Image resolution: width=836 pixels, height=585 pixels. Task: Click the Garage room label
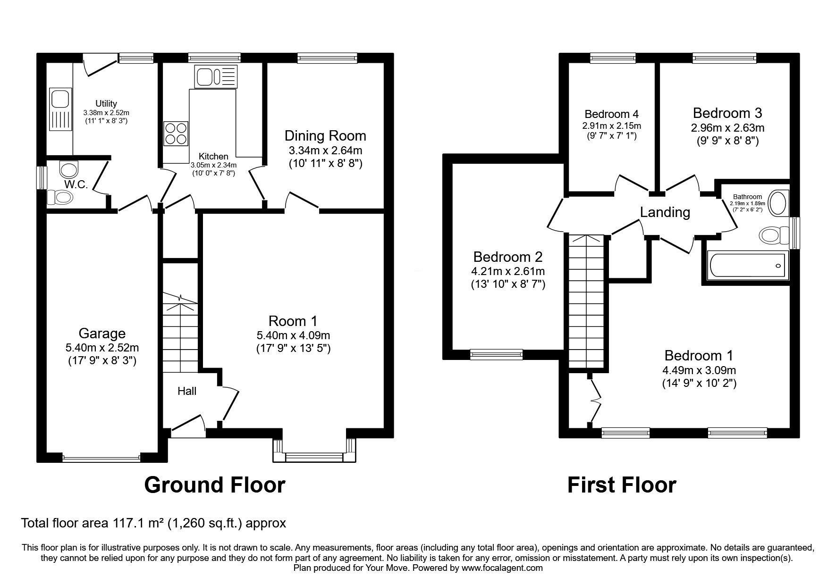tap(102, 334)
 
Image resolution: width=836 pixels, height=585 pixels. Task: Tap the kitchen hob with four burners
tap(176, 134)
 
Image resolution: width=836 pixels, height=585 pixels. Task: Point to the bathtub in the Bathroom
tap(746, 266)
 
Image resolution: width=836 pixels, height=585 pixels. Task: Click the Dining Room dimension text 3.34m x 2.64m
tap(325, 151)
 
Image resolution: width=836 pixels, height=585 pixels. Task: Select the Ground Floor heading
tap(214, 485)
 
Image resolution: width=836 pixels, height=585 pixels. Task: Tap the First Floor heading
tap(622, 485)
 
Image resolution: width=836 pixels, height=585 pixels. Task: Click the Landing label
tap(665, 212)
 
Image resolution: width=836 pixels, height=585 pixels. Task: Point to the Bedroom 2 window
tap(497, 354)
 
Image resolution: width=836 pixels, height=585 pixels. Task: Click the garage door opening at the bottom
tap(101, 457)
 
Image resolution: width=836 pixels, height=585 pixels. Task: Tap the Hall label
tap(187, 391)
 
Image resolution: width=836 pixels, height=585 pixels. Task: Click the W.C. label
tap(76, 185)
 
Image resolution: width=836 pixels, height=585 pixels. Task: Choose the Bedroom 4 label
tap(611, 114)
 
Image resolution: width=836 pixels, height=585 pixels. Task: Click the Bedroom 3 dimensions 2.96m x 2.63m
tap(727, 128)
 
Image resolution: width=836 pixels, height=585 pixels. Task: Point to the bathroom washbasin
tap(778, 203)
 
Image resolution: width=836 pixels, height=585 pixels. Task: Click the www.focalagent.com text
tap(502, 568)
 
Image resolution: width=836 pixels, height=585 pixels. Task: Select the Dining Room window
tap(327, 58)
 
